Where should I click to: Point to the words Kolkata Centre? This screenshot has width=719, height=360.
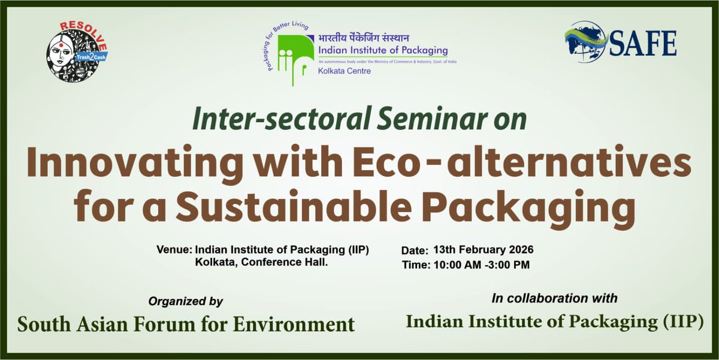coord(344,71)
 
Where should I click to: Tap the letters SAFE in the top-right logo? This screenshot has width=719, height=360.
coord(643,44)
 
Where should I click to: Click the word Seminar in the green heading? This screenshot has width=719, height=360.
coord(420,119)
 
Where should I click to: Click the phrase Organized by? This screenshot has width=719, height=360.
coord(186,301)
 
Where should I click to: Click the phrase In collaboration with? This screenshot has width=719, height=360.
coord(554,298)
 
